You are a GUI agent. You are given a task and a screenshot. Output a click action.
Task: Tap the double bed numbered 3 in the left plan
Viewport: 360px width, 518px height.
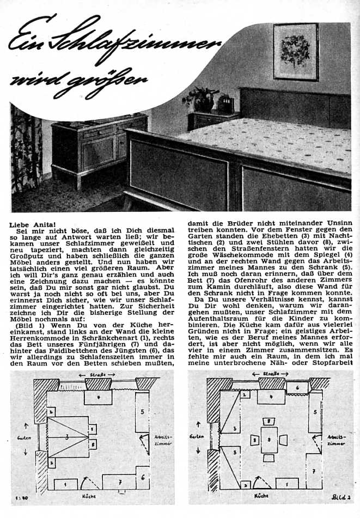click(x=66, y=437)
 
